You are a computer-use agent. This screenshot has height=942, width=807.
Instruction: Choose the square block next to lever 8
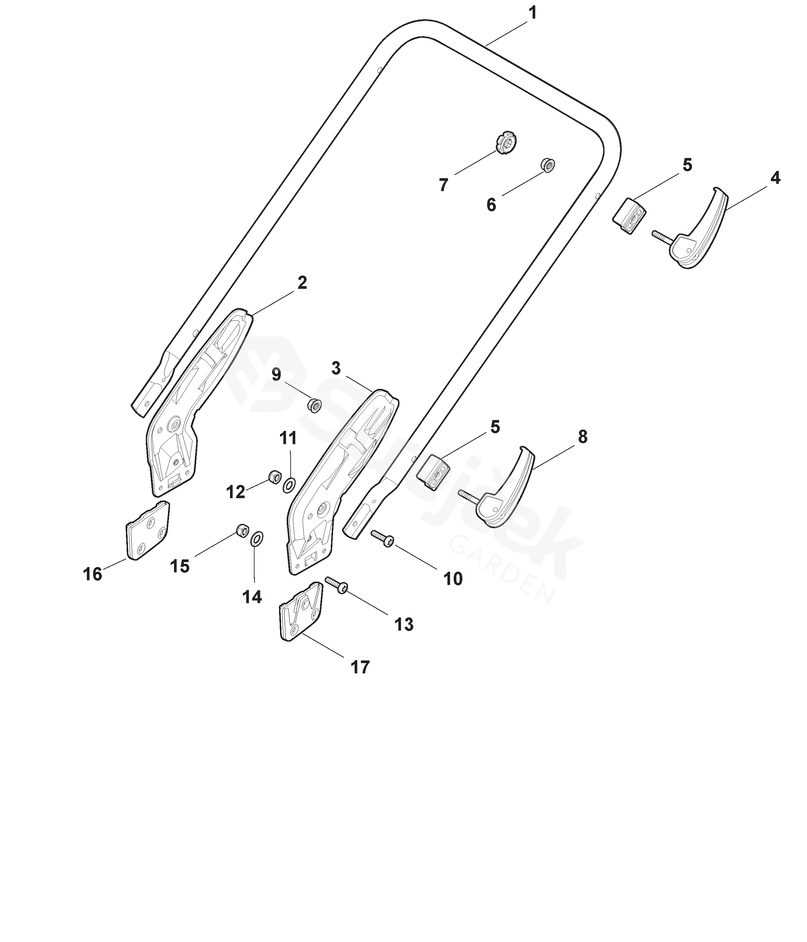tap(433, 472)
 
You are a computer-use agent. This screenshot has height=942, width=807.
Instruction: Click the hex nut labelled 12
tap(274, 476)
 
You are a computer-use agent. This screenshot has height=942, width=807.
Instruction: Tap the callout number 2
tap(302, 283)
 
